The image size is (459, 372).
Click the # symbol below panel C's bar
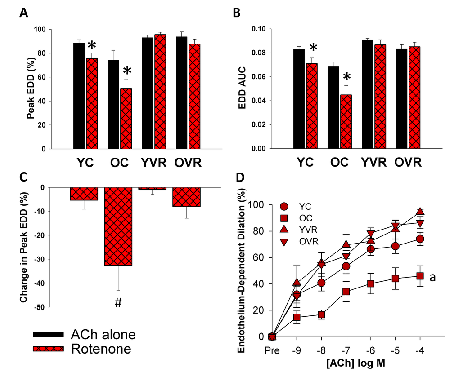click(118, 304)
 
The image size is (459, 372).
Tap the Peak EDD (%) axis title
click(31, 89)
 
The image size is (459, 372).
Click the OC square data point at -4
click(420, 276)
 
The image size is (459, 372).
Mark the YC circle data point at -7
click(346, 266)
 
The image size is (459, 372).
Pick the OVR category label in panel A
click(188, 163)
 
